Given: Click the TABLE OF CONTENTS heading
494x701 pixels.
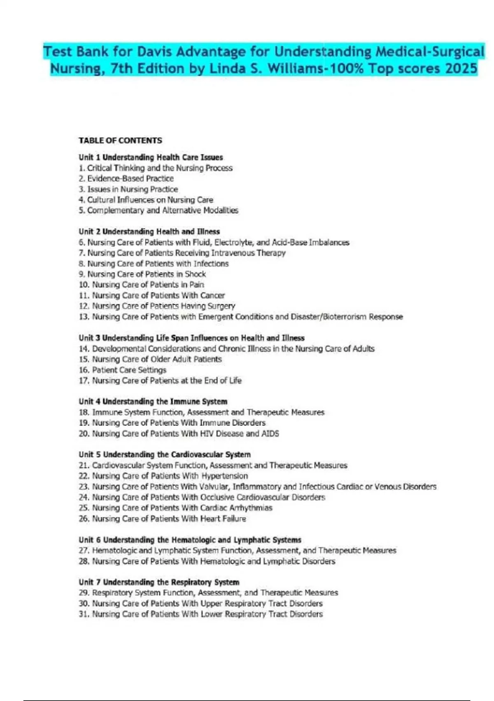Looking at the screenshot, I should coord(120,141).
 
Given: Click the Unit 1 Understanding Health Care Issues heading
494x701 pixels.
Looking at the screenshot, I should coord(151,158).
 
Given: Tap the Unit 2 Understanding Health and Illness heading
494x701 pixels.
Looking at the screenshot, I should coord(149,232).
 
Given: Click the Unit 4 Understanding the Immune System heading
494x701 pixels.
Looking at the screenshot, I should coord(153,402).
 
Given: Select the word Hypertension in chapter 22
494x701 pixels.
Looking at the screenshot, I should coord(224,476).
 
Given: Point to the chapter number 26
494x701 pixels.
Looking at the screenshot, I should coord(84,519).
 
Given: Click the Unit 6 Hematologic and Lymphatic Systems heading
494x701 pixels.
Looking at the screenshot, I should coord(190,540).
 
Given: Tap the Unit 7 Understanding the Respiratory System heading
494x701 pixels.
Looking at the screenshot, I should coord(159,582).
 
